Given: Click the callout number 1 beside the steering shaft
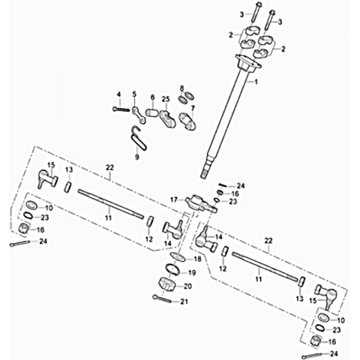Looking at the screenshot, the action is point(256,82).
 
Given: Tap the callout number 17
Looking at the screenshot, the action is point(174,200).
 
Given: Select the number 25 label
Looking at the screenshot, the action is point(166,99).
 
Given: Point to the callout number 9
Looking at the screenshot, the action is point(136,157).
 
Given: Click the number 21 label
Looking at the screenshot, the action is point(184,301).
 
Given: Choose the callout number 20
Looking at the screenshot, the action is point(188,286).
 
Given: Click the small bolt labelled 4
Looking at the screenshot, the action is point(121,109).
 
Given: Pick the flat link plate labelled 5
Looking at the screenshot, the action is point(139,115).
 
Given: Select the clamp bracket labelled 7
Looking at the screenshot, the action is point(187,121).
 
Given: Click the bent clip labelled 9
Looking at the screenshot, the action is point(139,139).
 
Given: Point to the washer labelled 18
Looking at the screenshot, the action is point(177,257).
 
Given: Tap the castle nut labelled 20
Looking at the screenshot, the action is point(166,284).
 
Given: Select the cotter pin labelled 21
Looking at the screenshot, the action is point(162,298).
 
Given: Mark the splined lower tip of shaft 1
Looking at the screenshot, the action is point(205,174).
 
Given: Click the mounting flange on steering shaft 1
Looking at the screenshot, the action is point(248,62).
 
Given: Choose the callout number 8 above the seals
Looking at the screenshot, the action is point(181,88).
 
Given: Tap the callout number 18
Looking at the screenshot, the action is point(197,259).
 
